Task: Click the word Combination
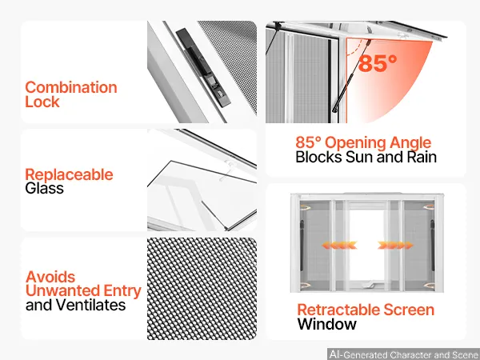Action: (71, 87)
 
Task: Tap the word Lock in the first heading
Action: (42, 102)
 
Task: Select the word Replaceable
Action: (69, 175)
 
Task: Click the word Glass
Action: (44, 188)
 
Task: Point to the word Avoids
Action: (50, 277)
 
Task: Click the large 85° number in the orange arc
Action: (378, 63)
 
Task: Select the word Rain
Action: (422, 157)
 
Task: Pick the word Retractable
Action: (338, 310)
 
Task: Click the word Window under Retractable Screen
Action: (327, 324)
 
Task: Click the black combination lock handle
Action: (203, 67)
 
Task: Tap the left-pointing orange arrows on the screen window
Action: (339, 246)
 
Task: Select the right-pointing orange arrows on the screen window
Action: (395, 246)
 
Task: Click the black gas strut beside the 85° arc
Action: (351, 76)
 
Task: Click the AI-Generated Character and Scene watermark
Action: (403, 354)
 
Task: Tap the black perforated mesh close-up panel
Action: (202, 289)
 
